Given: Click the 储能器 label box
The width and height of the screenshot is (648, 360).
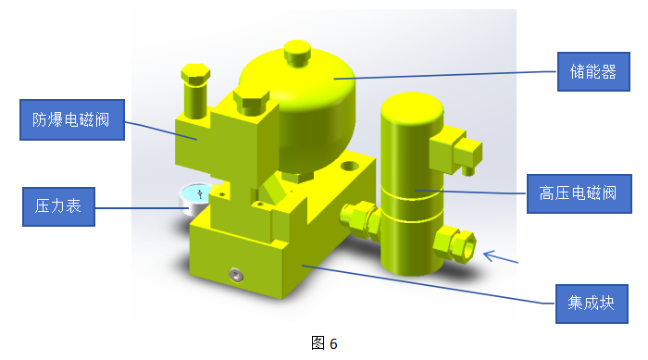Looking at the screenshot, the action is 593,71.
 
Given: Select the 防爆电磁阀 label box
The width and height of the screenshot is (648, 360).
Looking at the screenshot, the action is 72,119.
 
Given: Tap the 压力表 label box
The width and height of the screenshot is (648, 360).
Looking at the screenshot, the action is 58,206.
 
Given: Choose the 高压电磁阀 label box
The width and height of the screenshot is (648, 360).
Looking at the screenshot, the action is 579,193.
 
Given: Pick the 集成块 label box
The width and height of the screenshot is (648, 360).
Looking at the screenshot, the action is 592,304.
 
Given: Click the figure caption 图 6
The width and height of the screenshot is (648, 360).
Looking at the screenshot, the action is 324,343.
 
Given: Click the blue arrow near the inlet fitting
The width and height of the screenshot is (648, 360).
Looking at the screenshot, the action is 501,256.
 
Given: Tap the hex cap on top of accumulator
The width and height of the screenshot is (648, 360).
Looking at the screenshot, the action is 297,53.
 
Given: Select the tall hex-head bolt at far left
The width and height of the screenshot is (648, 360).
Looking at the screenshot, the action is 195,91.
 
